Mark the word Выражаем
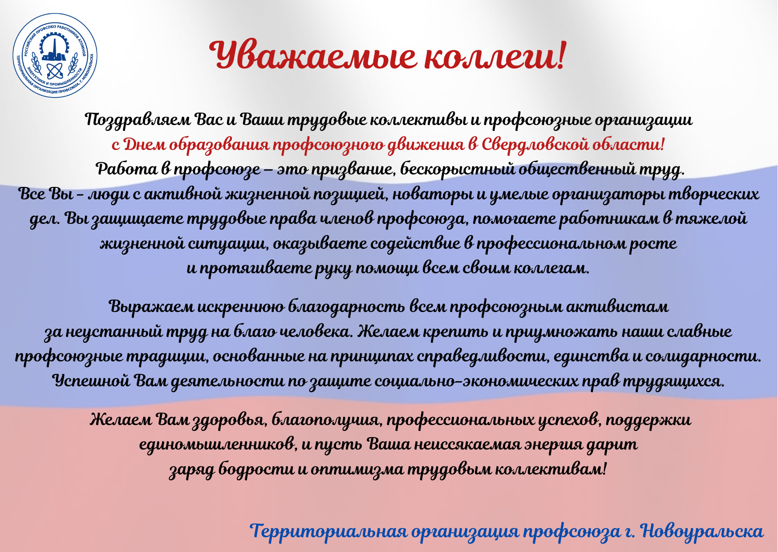click(151, 307)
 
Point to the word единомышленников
click(218, 445)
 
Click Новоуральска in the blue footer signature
click(702, 532)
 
